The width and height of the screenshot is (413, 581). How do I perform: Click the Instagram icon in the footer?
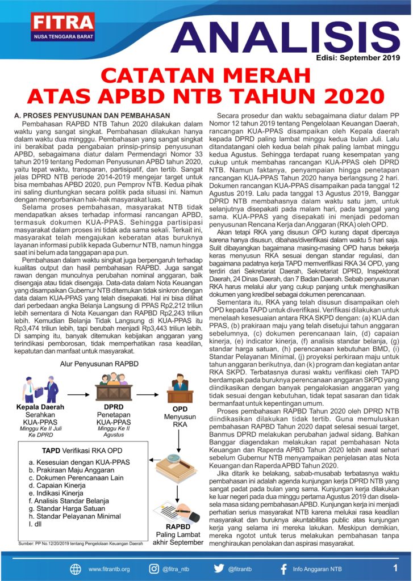(154, 569)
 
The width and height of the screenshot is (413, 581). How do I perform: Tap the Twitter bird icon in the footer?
(219, 569)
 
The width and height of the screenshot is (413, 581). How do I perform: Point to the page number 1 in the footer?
(394, 567)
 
